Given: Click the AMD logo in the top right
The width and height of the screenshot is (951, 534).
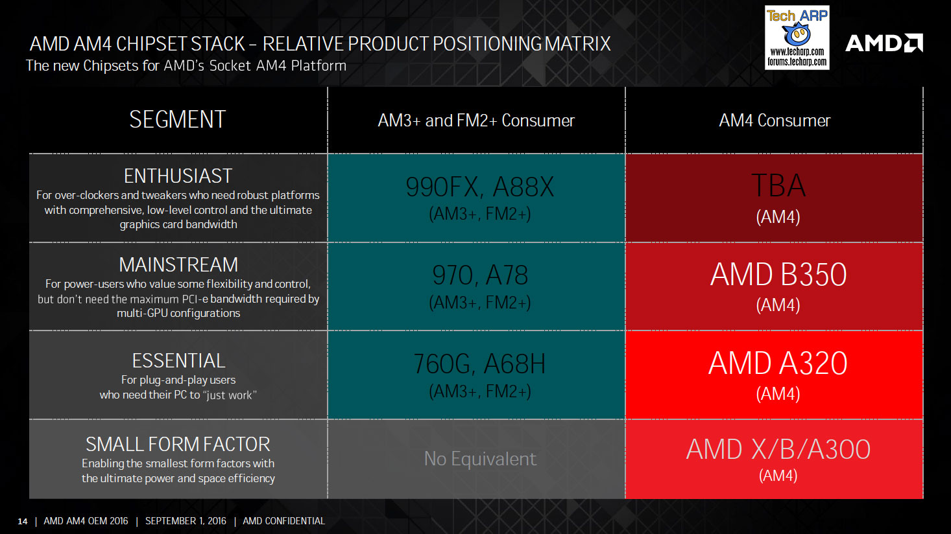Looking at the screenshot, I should pos(884,43).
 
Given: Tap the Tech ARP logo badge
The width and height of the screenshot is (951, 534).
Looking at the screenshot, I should pos(797,38).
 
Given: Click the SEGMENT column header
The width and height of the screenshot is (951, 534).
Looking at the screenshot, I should pos(177,120).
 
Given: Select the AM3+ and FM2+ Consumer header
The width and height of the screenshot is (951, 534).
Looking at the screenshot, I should pos(476,121).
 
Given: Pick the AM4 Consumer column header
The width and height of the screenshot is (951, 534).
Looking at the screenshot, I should pos(775,121).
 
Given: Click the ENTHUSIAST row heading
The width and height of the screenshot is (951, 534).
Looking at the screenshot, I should pos(178,176).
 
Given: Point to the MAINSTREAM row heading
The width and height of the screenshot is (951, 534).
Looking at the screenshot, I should pos(178,264).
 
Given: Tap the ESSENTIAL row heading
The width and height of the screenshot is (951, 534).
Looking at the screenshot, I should pos(178,360).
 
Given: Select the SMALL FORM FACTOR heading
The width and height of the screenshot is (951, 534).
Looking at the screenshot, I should pos(178,444).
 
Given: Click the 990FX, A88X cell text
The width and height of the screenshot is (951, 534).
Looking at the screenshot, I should pos(479,187).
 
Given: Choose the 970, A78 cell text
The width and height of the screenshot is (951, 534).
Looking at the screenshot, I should pos(479,275).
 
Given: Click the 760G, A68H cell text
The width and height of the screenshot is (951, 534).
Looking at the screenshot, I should pos(479,364).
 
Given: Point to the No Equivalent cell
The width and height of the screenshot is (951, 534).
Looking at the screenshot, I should pos(479,459).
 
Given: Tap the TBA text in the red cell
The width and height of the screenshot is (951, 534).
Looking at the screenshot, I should pos(778,186).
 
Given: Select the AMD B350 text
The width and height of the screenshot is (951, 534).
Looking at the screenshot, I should pos(778,275).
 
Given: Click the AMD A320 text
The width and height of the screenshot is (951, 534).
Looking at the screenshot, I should pos(778,363).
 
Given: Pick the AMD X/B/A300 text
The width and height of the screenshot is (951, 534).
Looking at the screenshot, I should pos(778,449).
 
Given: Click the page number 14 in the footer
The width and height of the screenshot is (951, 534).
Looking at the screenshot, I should pos(23,521).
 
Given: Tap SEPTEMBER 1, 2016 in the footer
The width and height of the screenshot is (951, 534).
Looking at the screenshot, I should pos(186,521).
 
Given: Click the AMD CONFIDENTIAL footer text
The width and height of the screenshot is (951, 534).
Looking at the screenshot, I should pos(283,521).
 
